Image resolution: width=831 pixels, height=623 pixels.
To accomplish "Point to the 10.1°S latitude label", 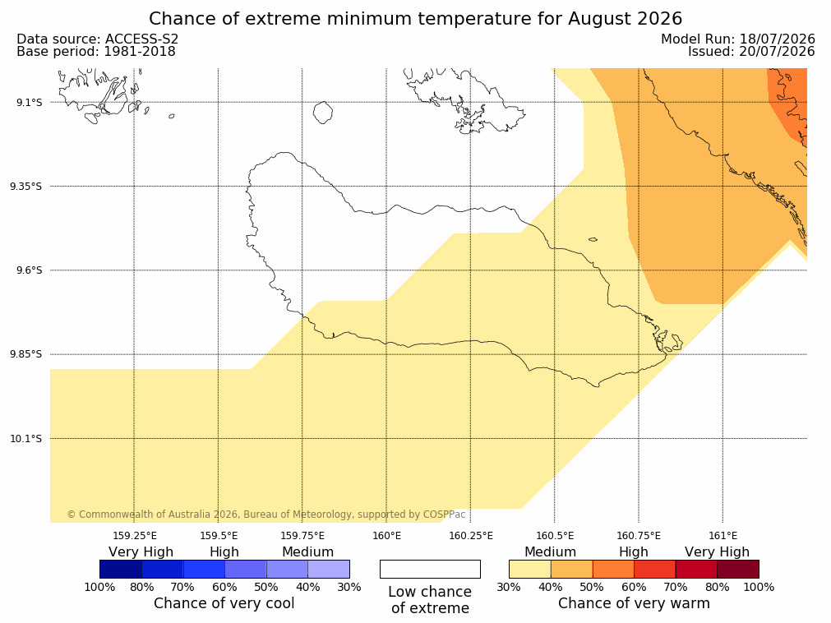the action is tap(26, 439).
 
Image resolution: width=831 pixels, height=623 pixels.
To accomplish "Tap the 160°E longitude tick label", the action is tap(387, 536).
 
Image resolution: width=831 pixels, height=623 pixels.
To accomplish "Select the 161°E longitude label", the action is tap(723, 536).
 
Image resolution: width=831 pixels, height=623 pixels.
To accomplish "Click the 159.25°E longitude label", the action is tap(135, 536).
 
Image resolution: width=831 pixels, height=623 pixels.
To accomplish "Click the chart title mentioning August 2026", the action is tap(416, 19).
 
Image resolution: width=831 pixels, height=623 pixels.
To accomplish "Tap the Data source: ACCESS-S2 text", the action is tap(98, 39).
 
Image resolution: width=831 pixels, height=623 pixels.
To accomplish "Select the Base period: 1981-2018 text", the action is tap(96, 52).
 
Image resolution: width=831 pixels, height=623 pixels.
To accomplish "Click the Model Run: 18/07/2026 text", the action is tap(738, 39).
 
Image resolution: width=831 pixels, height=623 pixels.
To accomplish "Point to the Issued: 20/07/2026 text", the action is tap(751, 52).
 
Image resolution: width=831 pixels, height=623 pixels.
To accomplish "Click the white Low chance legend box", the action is tap(431, 569).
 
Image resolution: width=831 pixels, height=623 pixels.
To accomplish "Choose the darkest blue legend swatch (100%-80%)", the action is tap(121, 569).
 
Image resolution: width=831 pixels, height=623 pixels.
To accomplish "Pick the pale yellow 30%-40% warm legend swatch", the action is tap(530, 569).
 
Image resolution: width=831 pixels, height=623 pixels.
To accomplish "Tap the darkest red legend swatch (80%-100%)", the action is tap(738, 569).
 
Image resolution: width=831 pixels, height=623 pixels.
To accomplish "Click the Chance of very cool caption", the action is tap(224, 603).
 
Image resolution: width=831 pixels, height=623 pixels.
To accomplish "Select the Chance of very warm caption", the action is tap(634, 603).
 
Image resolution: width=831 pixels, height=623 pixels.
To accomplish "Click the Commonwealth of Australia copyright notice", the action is tap(266, 515).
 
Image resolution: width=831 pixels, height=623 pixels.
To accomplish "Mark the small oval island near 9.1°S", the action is tap(323, 113).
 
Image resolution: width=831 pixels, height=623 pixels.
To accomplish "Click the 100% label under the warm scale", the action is tap(759, 587).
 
